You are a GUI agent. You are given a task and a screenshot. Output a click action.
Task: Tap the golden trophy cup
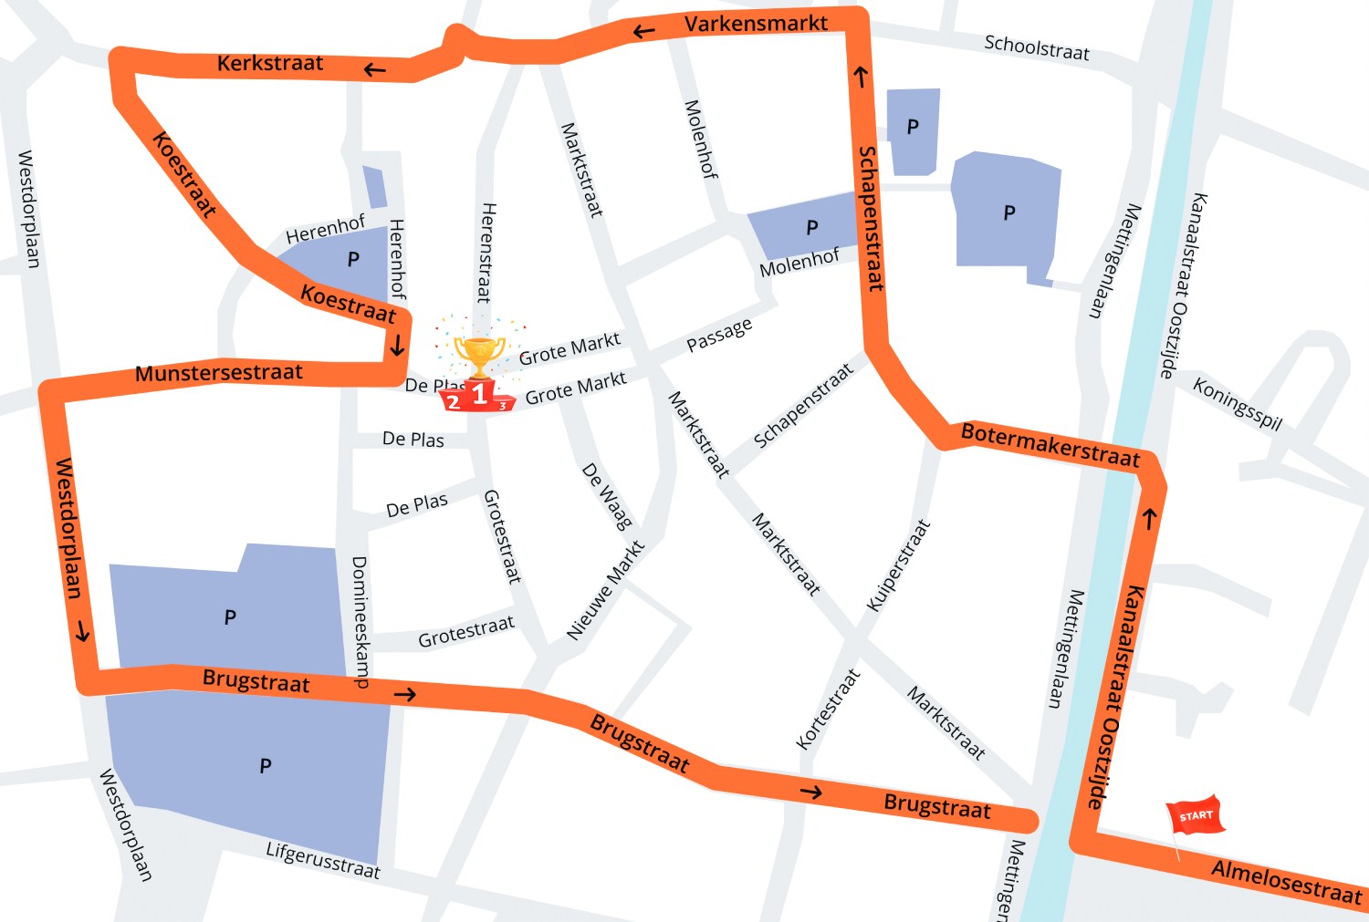(x=479, y=355)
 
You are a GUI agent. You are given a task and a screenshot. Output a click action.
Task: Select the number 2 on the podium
(x=454, y=402)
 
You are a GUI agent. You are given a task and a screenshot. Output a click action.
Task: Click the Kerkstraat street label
(x=270, y=63)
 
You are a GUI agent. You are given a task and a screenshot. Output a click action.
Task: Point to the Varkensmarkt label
(x=756, y=24)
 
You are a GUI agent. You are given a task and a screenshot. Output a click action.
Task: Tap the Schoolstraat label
(x=1037, y=47)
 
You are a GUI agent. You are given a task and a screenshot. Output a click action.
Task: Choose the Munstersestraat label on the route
(x=219, y=372)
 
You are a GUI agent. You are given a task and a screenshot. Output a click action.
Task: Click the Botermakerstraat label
(x=1050, y=444)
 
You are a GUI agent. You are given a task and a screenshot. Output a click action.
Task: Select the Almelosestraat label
(x=1286, y=881)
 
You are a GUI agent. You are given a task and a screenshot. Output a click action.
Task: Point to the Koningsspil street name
(x=1238, y=403)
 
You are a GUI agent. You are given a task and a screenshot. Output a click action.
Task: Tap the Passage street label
(x=719, y=334)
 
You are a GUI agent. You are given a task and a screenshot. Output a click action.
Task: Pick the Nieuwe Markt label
(x=605, y=590)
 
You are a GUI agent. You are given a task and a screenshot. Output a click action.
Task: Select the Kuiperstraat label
(x=898, y=565)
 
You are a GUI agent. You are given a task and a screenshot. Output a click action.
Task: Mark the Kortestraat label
(x=828, y=710)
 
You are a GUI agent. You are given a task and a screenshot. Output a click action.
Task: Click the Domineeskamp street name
(x=361, y=621)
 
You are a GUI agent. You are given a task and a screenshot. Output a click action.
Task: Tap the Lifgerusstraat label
(x=323, y=860)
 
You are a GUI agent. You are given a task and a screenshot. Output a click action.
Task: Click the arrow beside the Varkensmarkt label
(x=644, y=32)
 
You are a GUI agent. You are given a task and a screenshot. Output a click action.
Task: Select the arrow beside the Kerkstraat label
(x=374, y=69)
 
